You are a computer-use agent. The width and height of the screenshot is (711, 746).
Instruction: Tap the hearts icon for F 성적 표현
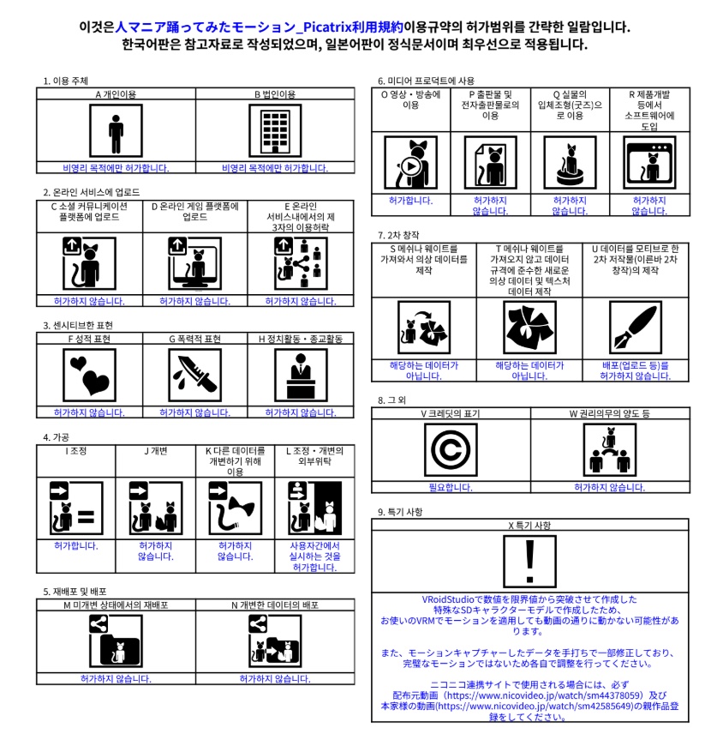(x=89, y=376)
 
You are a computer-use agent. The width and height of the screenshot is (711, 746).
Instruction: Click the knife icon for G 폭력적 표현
(x=195, y=376)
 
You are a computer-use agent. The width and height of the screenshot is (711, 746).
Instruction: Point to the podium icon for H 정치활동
(x=301, y=376)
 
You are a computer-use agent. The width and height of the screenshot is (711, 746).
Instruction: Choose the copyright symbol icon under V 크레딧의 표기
(x=451, y=451)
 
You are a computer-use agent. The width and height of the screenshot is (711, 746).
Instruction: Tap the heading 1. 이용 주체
(x=68, y=81)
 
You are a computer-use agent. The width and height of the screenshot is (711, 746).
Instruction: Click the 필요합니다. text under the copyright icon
(x=451, y=487)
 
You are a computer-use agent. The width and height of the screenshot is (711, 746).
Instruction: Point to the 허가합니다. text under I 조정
(x=76, y=544)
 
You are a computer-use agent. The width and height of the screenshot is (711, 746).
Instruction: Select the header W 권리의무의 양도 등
(x=610, y=413)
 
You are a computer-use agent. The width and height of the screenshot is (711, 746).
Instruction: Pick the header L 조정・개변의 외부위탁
(x=314, y=456)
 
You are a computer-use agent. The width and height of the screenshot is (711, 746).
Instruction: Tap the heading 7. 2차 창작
(x=401, y=234)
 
